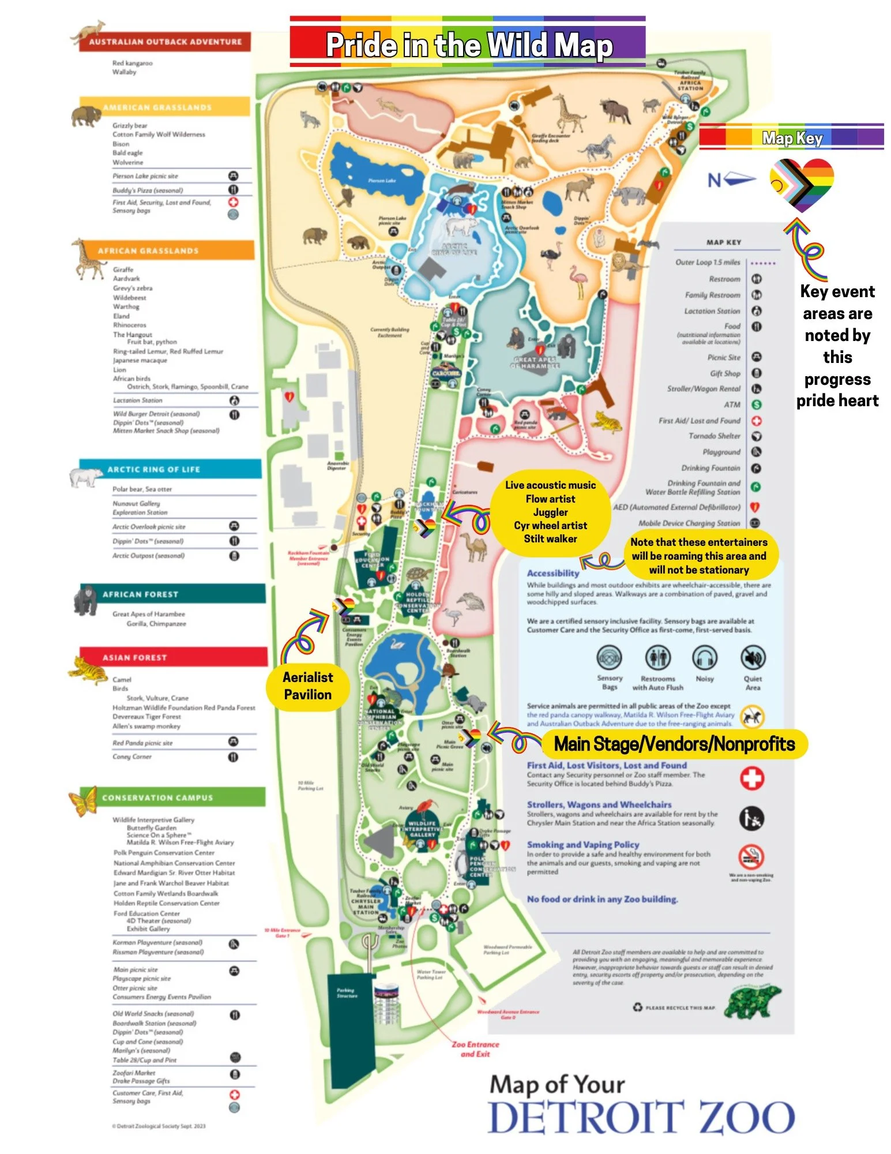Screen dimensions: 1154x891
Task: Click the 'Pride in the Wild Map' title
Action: click(x=468, y=45)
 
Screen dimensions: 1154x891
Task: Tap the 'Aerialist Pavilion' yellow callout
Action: click(x=307, y=685)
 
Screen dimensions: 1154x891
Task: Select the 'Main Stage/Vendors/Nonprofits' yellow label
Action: click(x=674, y=744)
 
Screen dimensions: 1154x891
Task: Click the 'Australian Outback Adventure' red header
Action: click(x=165, y=42)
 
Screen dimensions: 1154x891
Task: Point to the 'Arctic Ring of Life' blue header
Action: click(x=170, y=469)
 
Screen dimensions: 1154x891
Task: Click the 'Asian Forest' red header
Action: click(x=173, y=657)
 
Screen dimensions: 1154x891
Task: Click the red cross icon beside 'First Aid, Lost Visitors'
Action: click(x=752, y=778)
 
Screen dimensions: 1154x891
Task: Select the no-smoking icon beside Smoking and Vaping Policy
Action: click(x=752, y=857)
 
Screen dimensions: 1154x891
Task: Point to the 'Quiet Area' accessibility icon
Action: click(x=753, y=658)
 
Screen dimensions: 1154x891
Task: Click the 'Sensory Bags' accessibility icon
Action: click(x=610, y=658)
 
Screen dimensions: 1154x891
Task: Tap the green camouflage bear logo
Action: click(x=752, y=1002)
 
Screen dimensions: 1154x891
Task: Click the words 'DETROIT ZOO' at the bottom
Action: click(x=642, y=1118)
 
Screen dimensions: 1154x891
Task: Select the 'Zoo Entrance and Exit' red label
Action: click(x=475, y=1049)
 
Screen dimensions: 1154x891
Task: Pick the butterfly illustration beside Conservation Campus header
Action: click(x=83, y=801)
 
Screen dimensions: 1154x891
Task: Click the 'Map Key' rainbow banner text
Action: click(x=792, y=138)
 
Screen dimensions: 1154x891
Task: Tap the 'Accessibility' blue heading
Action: click(x=552, y=573)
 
